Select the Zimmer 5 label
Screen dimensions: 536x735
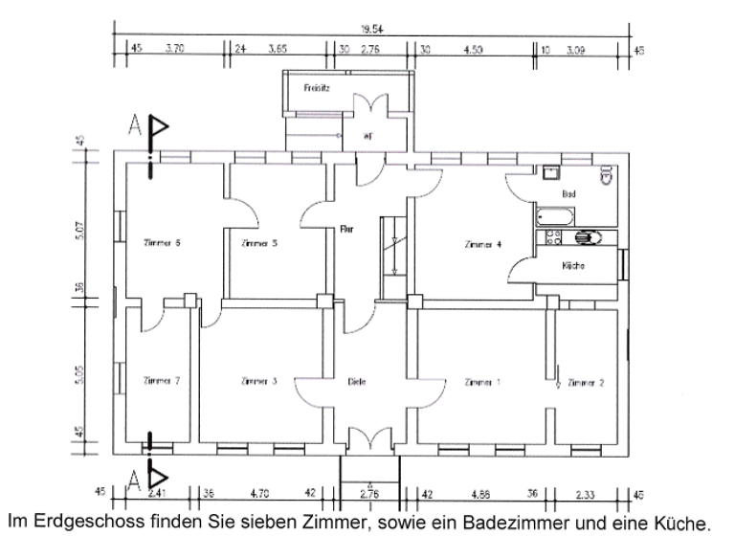(x=259, y=243)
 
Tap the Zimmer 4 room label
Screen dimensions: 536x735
(x=482, y=245)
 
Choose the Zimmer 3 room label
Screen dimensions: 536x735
(x=258, y=381)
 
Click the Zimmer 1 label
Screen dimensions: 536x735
(x=481, y=382)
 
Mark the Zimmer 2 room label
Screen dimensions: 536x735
(x=586, y=382)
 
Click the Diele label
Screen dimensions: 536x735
(x=357, y=382)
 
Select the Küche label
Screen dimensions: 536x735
(x=574, y=265)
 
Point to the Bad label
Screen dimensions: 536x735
(x=568, y=193)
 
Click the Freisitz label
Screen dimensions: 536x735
(x=317, y=87)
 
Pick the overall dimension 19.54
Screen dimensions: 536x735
(x=367, y=30)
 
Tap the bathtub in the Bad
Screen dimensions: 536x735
(x=553, y=215)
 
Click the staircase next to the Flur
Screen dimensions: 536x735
(x=392, y=245)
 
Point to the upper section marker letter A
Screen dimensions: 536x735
(x=136, y=126)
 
